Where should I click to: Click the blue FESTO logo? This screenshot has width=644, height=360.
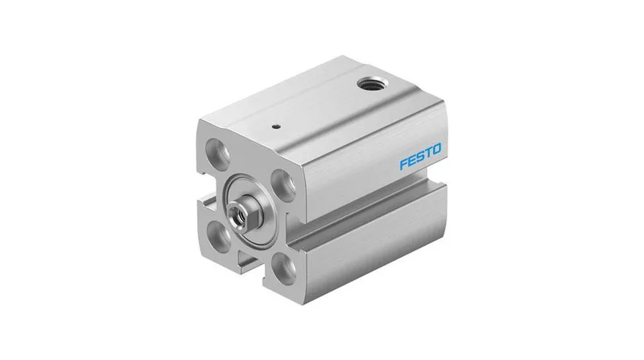pyautogui.click(x=420, y=155)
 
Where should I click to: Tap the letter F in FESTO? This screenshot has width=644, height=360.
pyautogui.click(x=404, y=163)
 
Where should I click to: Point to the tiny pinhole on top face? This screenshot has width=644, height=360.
pyautogui.click(x=278, y=126)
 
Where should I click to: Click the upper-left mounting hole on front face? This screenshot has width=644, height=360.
pyautogui.click(x=218, y=153)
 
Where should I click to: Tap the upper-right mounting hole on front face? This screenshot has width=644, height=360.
pyautogui.click(x=284, y=185)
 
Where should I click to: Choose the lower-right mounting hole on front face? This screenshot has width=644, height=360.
pyautogui.click(x=284, y=269)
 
